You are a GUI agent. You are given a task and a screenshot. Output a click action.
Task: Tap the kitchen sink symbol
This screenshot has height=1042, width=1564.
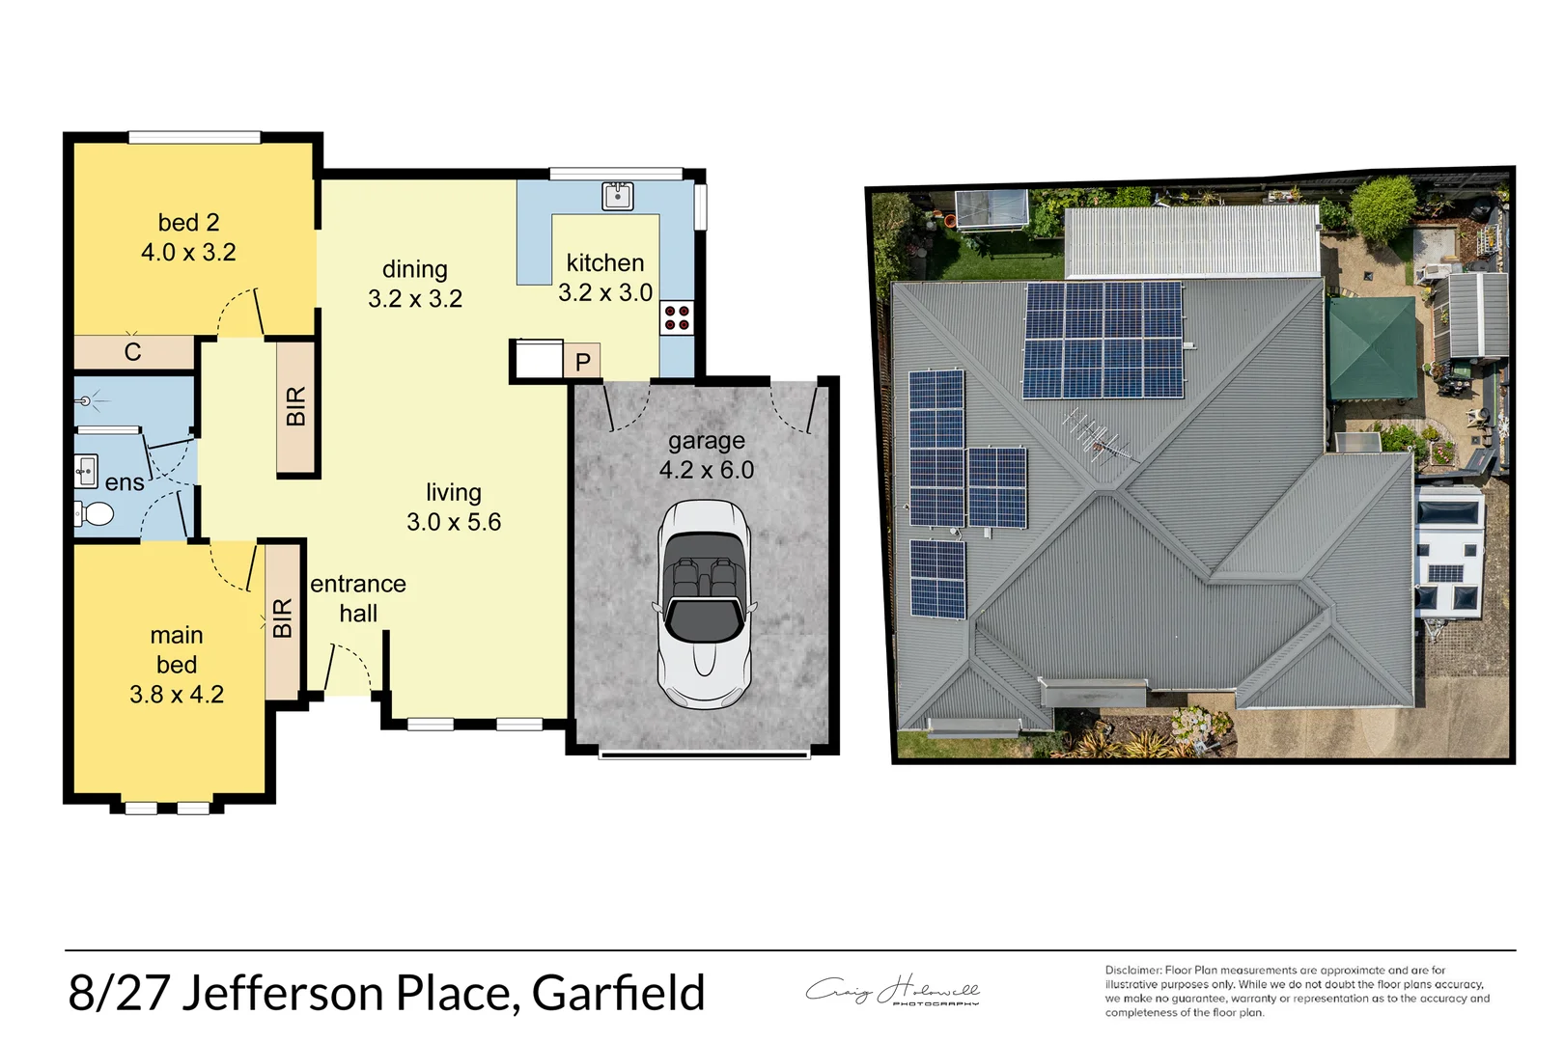point(617,196)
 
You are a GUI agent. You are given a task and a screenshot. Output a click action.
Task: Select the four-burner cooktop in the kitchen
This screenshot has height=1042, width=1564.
point(677,317)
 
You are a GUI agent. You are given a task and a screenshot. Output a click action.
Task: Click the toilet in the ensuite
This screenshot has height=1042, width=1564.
point(95,513)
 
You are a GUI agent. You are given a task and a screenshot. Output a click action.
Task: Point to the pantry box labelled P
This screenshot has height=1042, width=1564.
point(582,361)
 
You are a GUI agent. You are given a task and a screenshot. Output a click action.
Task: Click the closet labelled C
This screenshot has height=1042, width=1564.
point(133,352)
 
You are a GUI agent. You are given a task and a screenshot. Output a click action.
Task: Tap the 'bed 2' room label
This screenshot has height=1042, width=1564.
point(188,223)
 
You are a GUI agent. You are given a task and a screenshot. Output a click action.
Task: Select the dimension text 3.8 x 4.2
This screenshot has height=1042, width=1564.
point(177,695)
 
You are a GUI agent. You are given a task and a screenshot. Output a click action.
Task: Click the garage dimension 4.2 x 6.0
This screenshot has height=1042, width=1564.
point(707,470)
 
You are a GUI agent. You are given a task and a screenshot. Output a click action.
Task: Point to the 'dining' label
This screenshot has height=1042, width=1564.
point(415,269)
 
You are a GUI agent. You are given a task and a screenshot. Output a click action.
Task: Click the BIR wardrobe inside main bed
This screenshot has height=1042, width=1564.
point(282,618)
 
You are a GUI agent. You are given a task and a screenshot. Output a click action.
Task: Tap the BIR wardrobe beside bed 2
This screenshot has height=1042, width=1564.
point(296,407)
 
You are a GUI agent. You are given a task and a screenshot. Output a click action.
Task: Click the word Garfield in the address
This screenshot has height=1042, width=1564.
point(618,993)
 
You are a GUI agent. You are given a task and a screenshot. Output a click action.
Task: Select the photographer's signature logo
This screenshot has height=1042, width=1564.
point(893,991)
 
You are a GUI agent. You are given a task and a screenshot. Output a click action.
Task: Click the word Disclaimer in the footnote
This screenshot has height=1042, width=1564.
point(1132,971)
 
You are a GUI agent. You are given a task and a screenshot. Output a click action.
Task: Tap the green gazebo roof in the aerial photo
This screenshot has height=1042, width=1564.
point(1372,348)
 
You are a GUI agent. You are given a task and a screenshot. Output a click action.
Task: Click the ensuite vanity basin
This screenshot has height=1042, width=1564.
point(86,471)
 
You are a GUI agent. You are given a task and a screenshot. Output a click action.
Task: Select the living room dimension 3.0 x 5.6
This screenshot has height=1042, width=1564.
point(454,522)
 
